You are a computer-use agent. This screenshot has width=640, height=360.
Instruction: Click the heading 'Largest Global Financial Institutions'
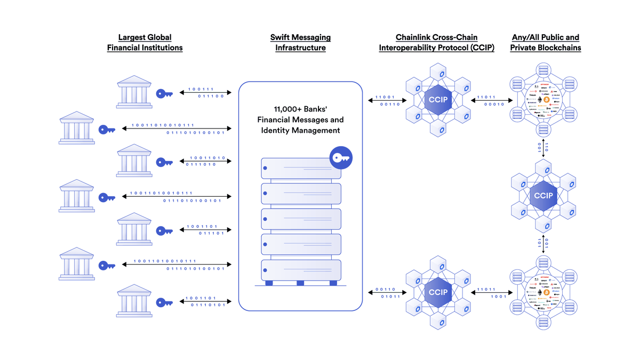click(145, 43)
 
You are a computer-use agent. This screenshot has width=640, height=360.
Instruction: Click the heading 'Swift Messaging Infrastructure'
click(300, 43)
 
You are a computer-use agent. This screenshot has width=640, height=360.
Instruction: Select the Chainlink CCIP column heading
click(436, 43)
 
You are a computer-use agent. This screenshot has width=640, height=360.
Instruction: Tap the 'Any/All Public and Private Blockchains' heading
click(545, 43)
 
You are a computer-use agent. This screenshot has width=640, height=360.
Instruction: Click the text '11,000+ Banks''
click(300, 109)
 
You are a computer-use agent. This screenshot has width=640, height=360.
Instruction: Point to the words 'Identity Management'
click(300, 130)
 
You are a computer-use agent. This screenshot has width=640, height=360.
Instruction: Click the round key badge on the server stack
click(341, 157)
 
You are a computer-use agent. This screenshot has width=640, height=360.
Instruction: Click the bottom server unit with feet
click(301, 270)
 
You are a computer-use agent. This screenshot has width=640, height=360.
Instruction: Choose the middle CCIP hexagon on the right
click(543, 196)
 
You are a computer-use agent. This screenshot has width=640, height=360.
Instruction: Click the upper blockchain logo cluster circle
click(543, 100)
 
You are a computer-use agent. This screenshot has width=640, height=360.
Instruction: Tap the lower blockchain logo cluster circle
click(543, 292)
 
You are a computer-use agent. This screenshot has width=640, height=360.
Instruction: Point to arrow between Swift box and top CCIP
click(384, 101)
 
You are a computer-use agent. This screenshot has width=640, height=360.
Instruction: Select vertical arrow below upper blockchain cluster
click(543, 148)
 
